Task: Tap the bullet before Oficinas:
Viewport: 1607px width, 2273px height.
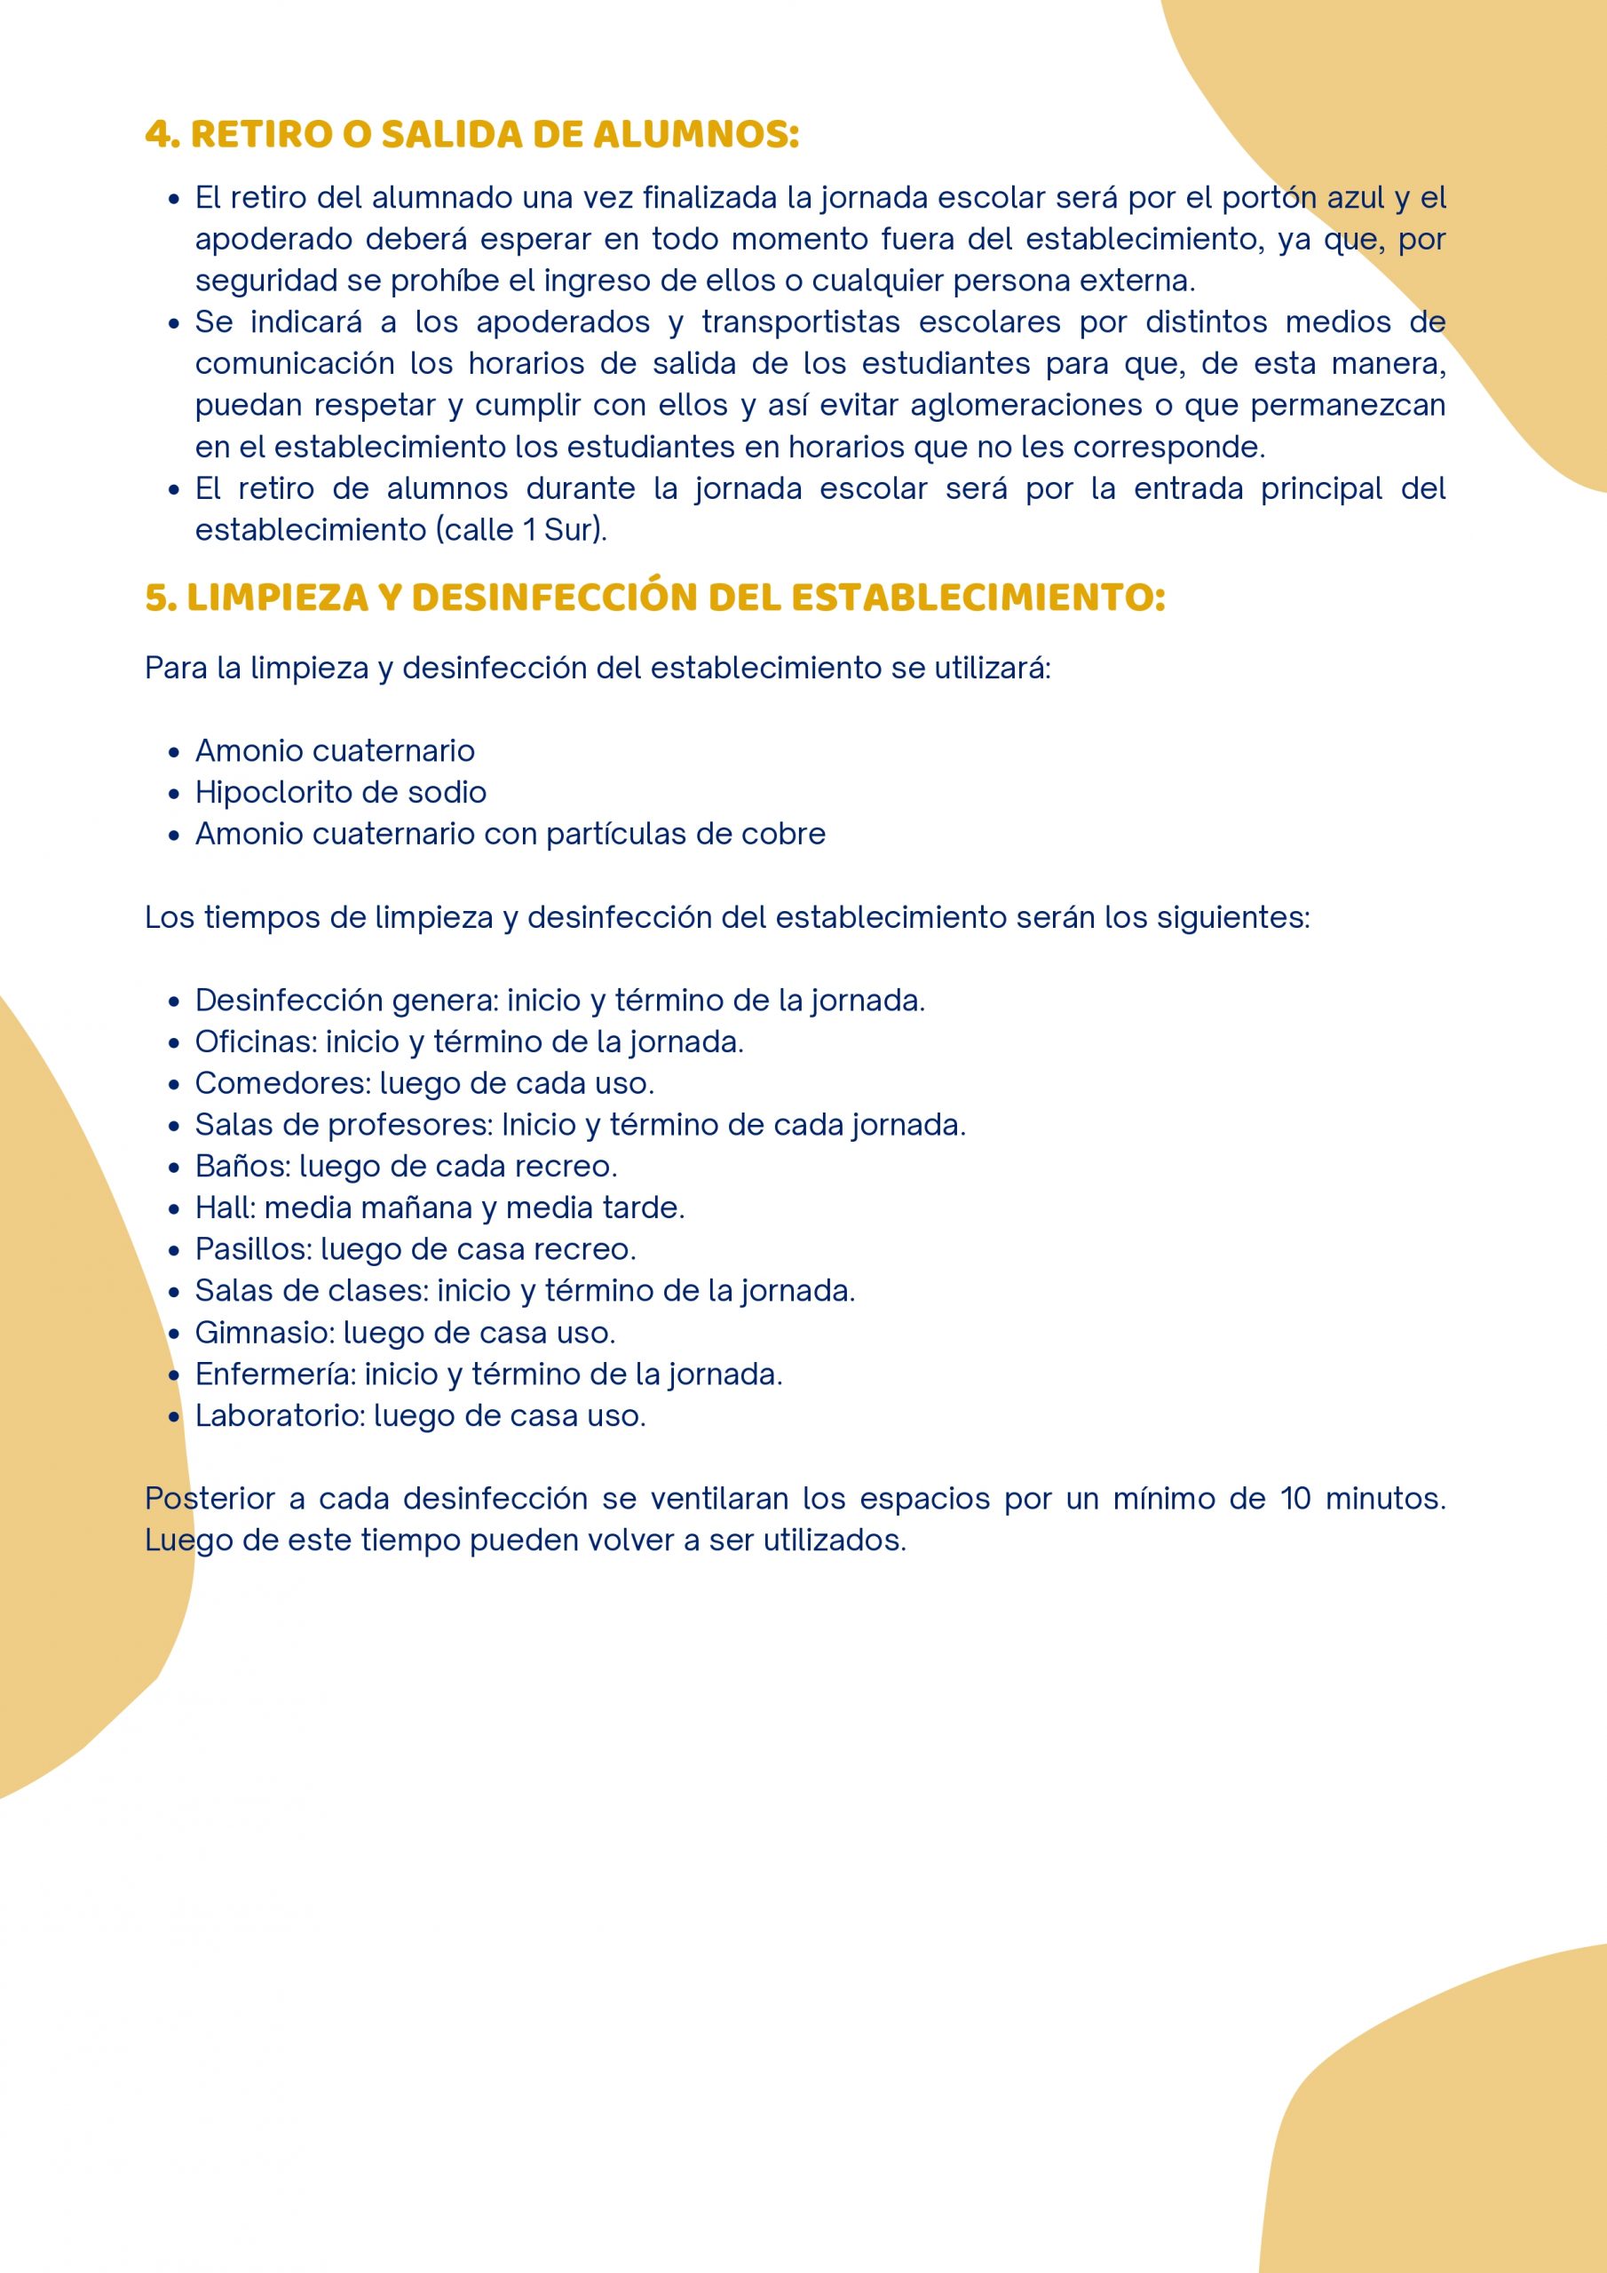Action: coord(174,1042)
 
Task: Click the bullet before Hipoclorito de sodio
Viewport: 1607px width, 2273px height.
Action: coord(174,793)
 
